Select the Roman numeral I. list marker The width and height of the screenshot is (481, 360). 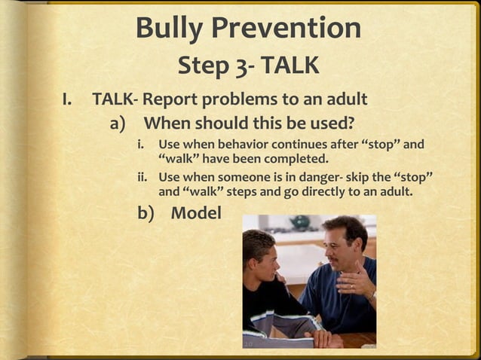click(x=69, y=99)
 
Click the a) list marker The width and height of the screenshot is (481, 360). click(x=121, y=122)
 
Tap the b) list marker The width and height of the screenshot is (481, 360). click(x=146, y=213)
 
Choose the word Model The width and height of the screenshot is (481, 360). click(x=196, y=213)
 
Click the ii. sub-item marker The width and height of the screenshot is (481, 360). click(x=142, y=177)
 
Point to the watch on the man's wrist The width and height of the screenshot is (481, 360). click(x=372, y=296)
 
